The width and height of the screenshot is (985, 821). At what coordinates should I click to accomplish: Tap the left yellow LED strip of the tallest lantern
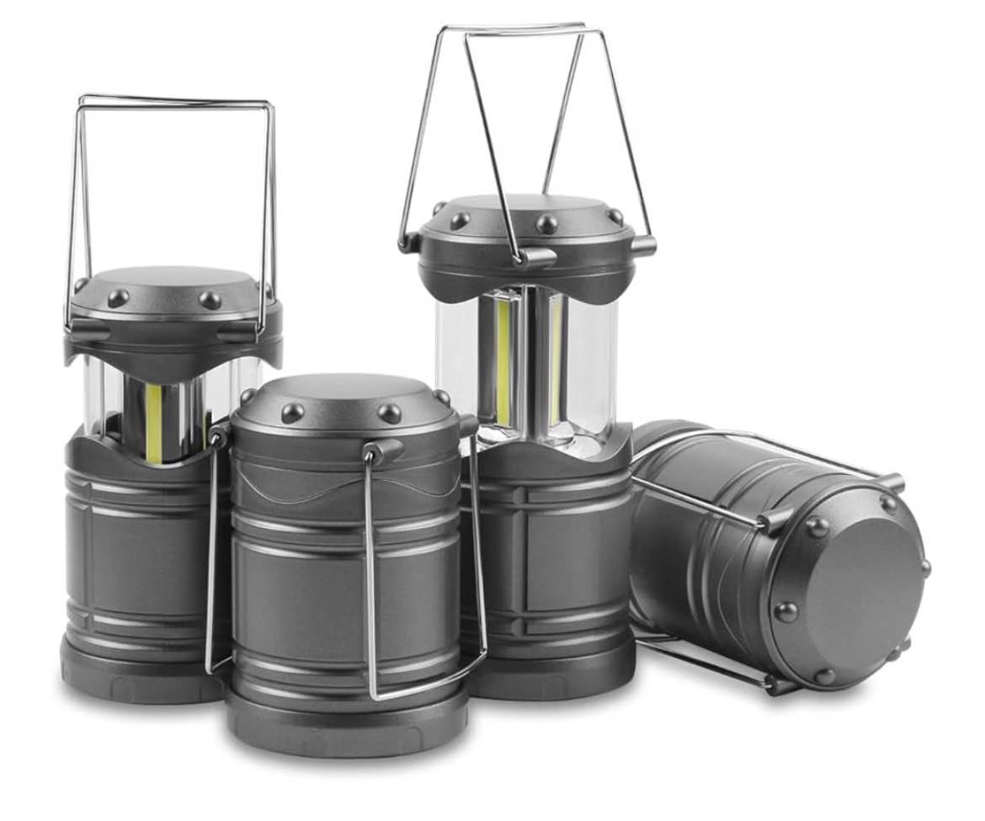[x=503, y=362]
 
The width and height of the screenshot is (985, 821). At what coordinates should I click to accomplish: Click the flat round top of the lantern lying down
[x=850, y=594]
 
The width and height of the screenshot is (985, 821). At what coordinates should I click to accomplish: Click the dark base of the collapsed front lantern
[x=345, y=724]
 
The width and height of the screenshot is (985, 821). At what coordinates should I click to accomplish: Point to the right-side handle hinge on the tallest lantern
[x=642, y=246]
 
